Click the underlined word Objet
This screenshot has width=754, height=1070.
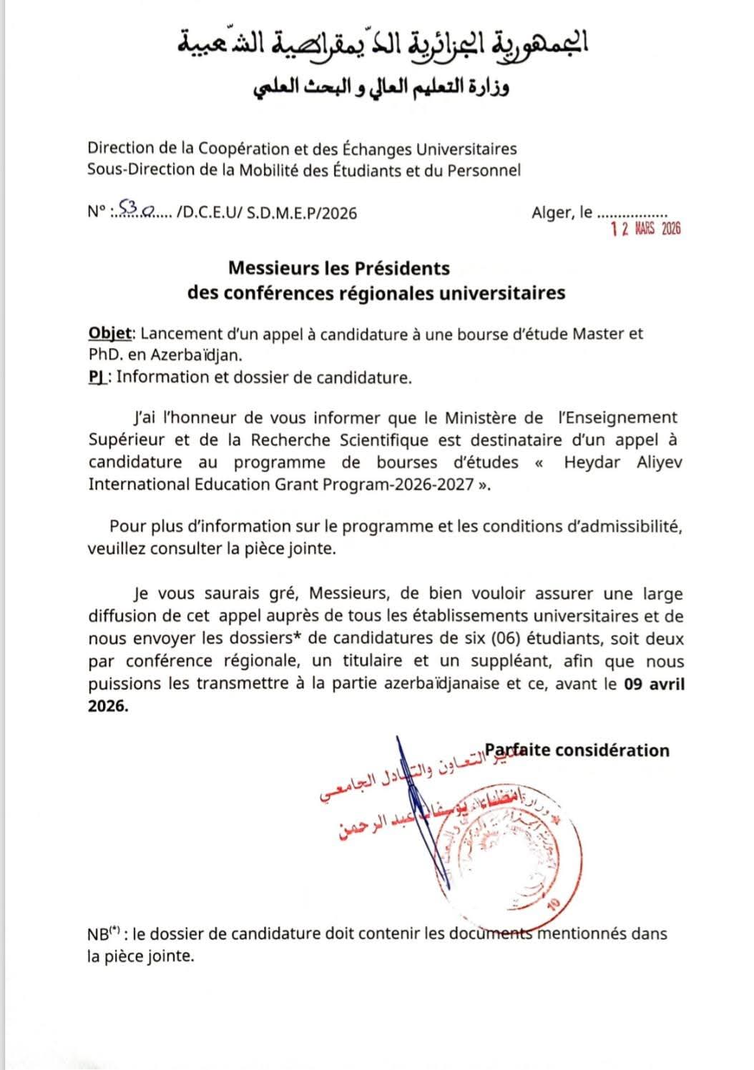pyautogui.click(x=110, y=333)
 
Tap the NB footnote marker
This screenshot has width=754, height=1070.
pyautogui.click(x=102, y=934)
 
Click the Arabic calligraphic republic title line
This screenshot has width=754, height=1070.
pyautogui.click(x=382, y=44)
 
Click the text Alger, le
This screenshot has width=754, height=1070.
pyautogui.click(x=562, y=212)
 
